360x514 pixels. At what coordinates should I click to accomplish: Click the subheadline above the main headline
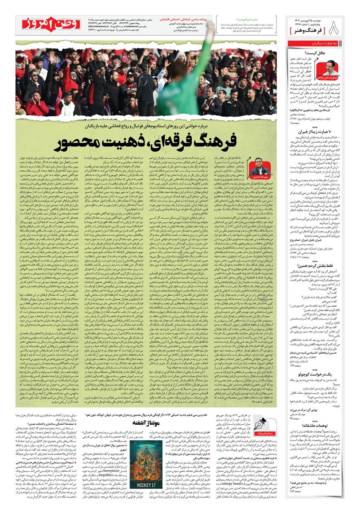point(146,124)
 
